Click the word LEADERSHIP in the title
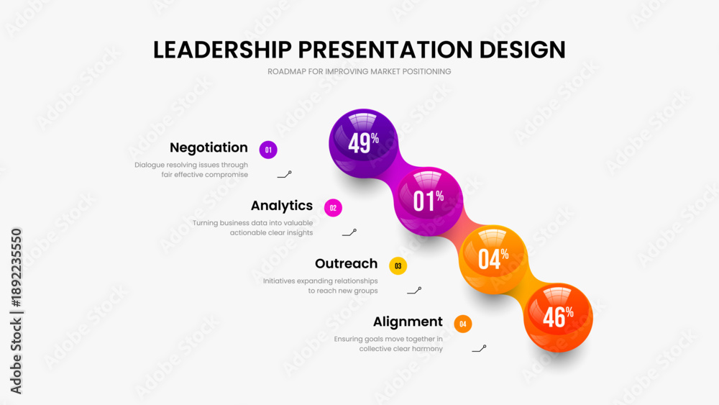pos(222,50)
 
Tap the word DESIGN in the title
pos(522,50)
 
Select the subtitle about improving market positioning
pos(359,71)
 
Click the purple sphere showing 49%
pos(364,143)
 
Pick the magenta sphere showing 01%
pos(429,201)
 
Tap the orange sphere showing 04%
pos(493,260)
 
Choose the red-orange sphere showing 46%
pos(558,317)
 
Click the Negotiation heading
pos(209,147)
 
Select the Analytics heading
pos(282,206)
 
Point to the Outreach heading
pos(347,264)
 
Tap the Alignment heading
pos(408,322)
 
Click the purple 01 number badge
pos(268,150)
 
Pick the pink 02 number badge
pos(333,208)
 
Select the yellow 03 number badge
pos(398,266)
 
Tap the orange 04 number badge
pos(462,324)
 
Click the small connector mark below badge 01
pos(284,175)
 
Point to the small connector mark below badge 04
pos(479,349)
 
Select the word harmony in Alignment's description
pos(427,349)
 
